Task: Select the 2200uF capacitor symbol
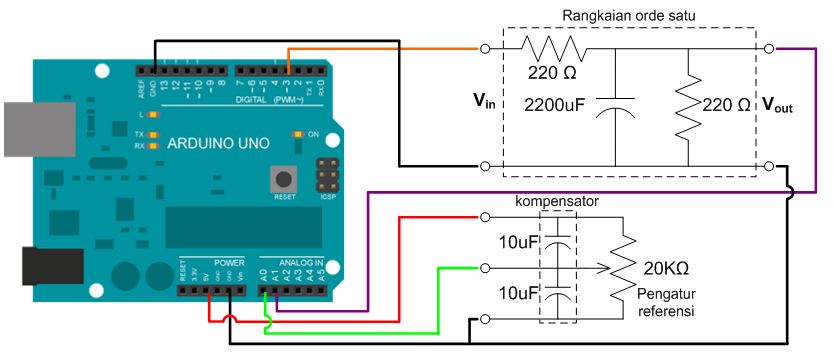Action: (x=614, y=108)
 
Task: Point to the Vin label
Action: (x=484, y=101)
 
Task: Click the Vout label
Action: (x=777, y=104)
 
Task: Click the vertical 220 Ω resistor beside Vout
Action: (x=690, y=106)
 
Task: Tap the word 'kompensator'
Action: (x=557, y=201)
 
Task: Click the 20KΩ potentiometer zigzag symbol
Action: (x=622, y=268)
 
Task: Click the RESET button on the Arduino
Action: (x=285, y=179)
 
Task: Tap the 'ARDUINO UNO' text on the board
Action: (x=217, y=143)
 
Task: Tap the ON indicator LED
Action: (x=297, y=133)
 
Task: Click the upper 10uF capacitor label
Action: (x=519, y=242)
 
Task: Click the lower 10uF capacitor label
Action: (x=519, y=294)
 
